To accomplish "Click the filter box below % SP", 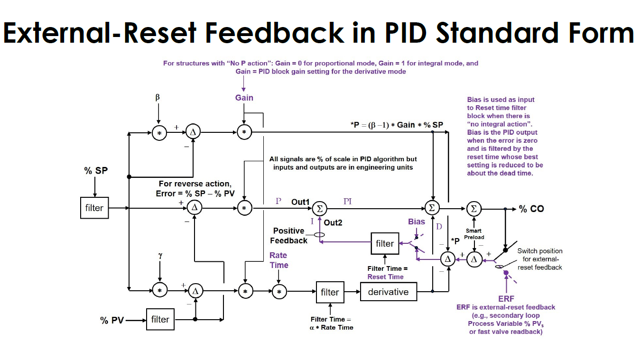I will (x=94, y=208).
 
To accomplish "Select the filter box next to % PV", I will (x=160, y=319).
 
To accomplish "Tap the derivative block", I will (x=388, y=292).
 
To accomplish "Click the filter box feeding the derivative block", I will (x=330, y=292).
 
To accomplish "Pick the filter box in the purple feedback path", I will (x=385, y=243).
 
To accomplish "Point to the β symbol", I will (x=158, y=97).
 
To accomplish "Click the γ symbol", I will (x=160, y=256).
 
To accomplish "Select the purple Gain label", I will (x=244, y=98).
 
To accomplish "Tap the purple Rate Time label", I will (x=279, y=260).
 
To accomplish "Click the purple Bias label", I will (x=417, y=222).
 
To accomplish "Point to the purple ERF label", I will (x=506, y=299).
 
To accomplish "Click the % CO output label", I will (x=531, y=209).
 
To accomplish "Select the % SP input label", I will (x=96, y=171).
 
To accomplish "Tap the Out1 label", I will (x=300, y=202).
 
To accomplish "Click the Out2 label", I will (x=333, y=222).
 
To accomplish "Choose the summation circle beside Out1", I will (x=320, y=208).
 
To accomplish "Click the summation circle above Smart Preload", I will (x=473, y=208).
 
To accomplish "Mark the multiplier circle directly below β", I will (x=159, y=133).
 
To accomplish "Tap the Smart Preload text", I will (x=474, y=234).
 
